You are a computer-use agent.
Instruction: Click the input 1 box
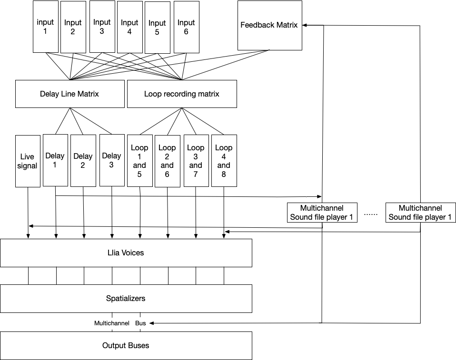point(46,27)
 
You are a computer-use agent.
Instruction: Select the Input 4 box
point(129,27)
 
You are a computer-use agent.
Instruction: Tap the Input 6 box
point(186,27)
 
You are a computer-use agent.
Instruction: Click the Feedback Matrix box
point(269,25)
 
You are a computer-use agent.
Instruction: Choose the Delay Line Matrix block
point(69,94)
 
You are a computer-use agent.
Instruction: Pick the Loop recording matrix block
point(182,94)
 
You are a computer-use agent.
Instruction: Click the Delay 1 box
point(55,160)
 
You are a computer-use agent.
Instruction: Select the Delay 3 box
point(111,160)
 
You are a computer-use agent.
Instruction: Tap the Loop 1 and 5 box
point(139,160)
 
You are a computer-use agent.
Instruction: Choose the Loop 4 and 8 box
point(224,160)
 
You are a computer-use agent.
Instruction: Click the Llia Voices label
point(126,253)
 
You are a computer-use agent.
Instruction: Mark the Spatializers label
point(126,299)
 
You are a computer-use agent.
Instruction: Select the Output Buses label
point(126,345)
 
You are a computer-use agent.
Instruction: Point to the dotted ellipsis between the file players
point(371,214)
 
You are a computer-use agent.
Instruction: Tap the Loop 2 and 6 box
point(167,160)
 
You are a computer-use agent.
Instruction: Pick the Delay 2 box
point(83,160)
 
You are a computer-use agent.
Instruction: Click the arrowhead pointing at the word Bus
point(152,323)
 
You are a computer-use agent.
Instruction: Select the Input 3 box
point(101,26)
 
